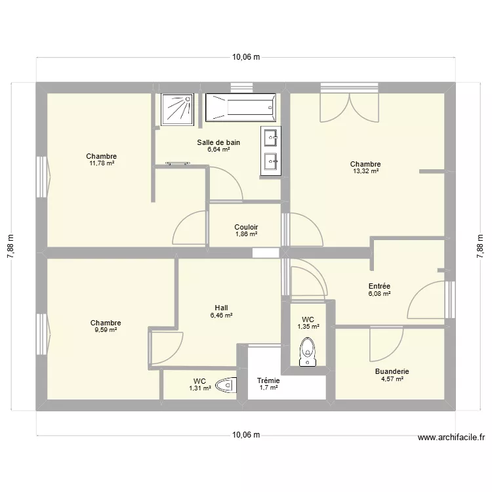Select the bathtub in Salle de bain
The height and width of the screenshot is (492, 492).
tap(240, 107)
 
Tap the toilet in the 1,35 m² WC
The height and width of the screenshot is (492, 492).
tap(307, 352)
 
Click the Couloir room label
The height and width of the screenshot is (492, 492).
tap(246, 227)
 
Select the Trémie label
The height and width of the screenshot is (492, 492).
tap(268, 380)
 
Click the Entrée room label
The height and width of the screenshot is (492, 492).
tap(379, 286)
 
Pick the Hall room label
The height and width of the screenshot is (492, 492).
tap(221, 308)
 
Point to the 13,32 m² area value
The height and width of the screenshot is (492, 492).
tap(365, 171)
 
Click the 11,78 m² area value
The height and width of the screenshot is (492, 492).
tap(102, 163)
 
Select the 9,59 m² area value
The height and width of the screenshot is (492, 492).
tap(106, 330)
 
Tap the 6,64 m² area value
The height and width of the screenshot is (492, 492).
tap(218, 150)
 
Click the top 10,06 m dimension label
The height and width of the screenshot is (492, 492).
tap(246, 57)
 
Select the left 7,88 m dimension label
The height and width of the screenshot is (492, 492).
tap(10, 247)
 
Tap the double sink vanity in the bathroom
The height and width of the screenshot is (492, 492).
tap(270, 149)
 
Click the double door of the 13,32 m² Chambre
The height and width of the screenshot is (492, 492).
tap(349, 106)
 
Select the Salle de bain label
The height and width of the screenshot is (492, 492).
tap(218, 142)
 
